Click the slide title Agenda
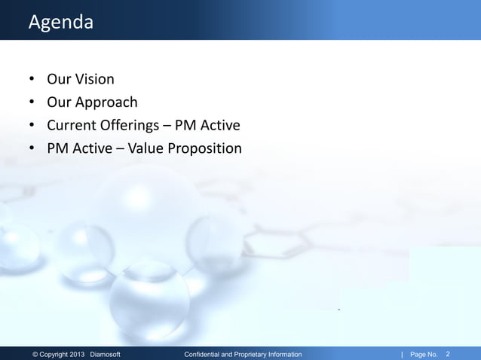coord(60,23)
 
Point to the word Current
coord(72,125)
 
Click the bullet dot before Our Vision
coord(32,79)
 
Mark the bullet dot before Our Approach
coord(32,102)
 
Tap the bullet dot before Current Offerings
coord(32,126)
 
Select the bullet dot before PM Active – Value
coord(32,149)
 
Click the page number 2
coord(449,353)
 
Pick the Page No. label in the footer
coord(424,354)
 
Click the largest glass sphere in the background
coord(147,218)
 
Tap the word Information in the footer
coord(286,354)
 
